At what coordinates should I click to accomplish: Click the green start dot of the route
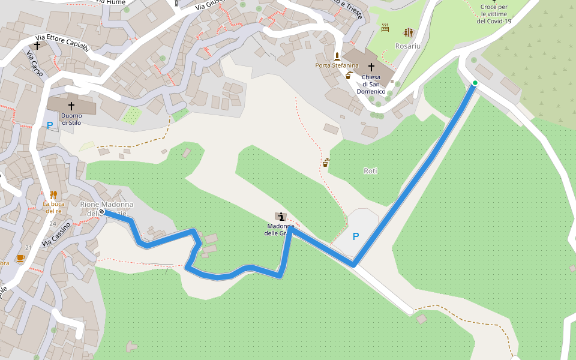click(x=475, y=83)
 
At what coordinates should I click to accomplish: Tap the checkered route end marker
click(x=103, y=212)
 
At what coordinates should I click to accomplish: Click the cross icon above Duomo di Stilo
click(x=71, y=106)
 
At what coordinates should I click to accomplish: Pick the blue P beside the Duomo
click(x=50, y=126)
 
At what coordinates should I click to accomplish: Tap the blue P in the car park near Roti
click(x=356, y=236)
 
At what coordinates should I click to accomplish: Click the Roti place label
click(x=371, y=171)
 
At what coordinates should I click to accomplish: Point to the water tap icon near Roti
click(x=326, y=163)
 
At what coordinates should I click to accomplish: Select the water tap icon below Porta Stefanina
click(x=349, y=75)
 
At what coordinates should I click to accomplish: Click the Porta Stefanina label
click(x=337, y=65)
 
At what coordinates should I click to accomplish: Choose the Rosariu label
click(x=408, y=46)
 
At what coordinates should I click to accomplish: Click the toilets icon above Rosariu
click(x=409, y=32)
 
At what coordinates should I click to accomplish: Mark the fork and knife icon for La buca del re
click(x=53, y=194)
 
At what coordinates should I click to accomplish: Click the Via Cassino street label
click(x=57, y=234)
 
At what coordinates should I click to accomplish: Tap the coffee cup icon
click(x=20, y=258)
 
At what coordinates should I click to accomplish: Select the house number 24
click(x=53, y=223)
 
